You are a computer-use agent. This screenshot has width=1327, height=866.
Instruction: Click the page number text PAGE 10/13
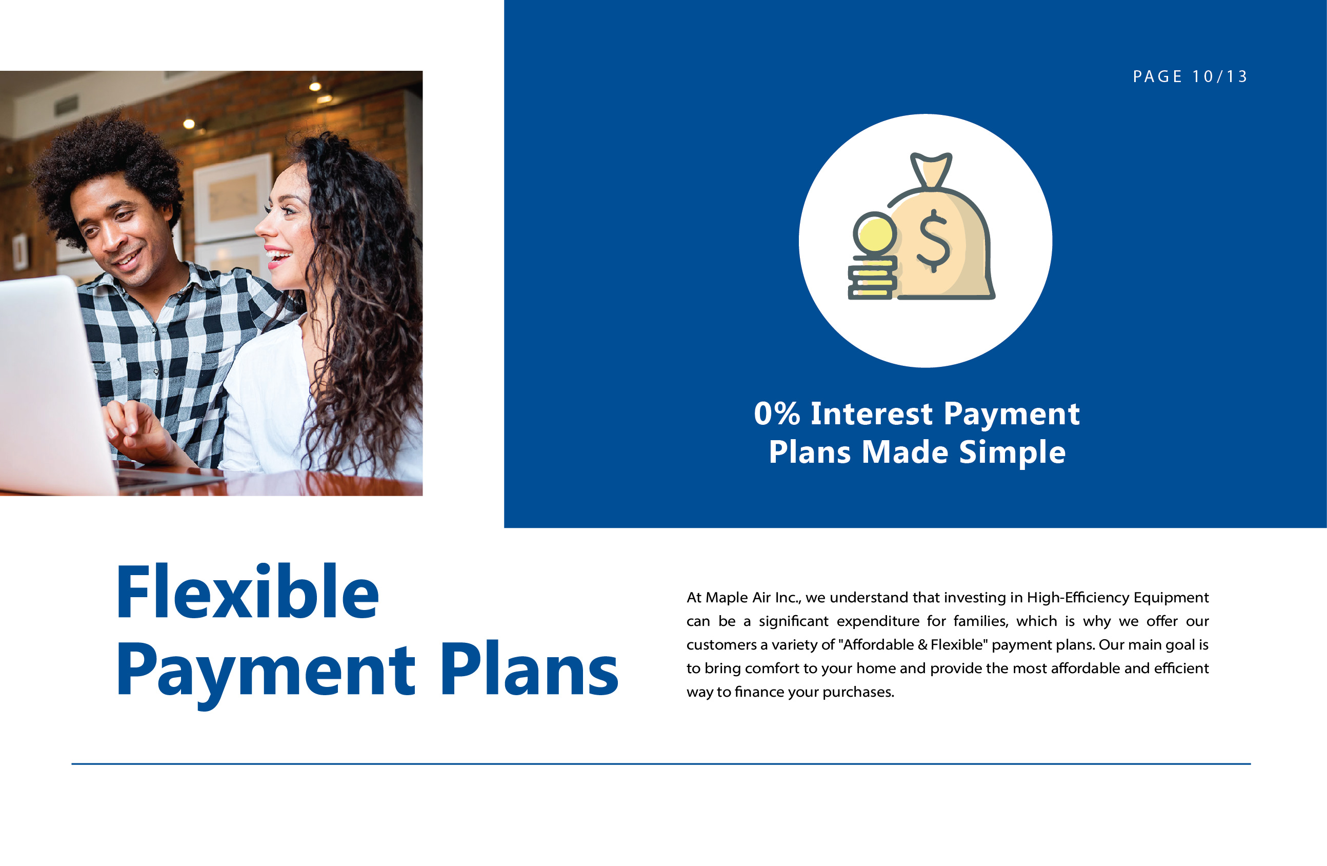[x=1190, y=76]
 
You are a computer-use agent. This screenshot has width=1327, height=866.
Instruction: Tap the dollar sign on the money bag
[x=933, y=241]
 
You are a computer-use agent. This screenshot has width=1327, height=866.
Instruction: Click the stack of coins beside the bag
[x=873, y=278]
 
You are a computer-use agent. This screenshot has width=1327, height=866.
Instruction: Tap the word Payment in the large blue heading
[x=266, y=675]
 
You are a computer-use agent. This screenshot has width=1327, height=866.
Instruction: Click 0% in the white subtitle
[x=777, y=414]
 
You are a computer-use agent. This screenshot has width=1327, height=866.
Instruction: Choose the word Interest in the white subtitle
[x=872, y=414]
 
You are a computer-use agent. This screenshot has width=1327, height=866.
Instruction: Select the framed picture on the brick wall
[x=232, y=198]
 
